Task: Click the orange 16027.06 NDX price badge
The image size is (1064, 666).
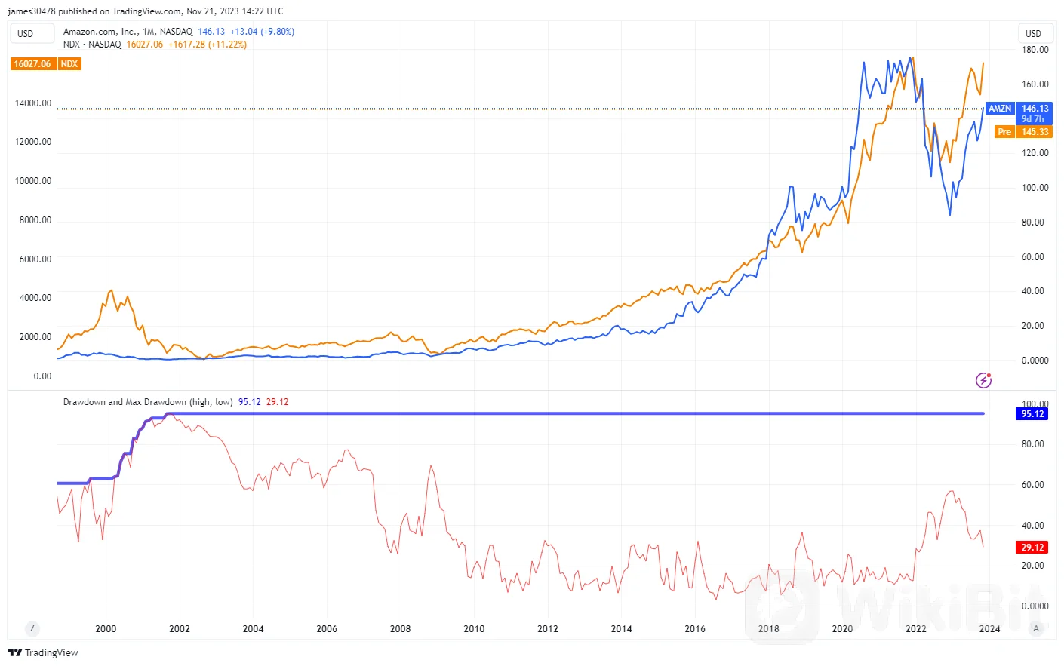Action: (x=32, y=64)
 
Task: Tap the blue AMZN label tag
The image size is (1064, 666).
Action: (x=1000, y=109)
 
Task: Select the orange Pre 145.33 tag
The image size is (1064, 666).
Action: (x=1022, y=132)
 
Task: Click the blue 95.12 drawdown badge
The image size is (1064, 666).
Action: (x=1032, y=414)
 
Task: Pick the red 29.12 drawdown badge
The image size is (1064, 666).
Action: (x=1032, y=548)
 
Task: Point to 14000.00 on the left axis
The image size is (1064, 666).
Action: (x=33, y=103)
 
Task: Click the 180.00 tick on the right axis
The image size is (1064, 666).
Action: (x=1035, y=50)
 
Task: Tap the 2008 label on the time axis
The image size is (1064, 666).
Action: (x=400, y=629)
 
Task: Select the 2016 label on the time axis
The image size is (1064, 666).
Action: (x=695, y=629)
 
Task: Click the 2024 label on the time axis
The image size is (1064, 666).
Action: (x=989, y=629)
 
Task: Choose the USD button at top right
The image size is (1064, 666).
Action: (x=1033, y=34)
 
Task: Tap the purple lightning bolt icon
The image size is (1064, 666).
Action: (x=983, y=380)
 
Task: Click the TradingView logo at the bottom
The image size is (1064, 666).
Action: (x=43, y=653)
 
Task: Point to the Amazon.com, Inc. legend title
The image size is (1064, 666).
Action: (x=100, y=32)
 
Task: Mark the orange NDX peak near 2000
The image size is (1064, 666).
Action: (x=111, y=290)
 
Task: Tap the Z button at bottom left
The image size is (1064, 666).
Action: (x=32, y=628)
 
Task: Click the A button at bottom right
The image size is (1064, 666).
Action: (x=1036, y=628)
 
